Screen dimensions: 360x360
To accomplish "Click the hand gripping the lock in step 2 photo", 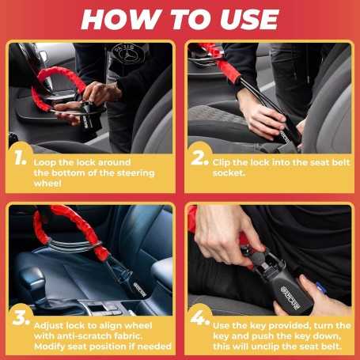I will pyautogui.click(x=261, y=115).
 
